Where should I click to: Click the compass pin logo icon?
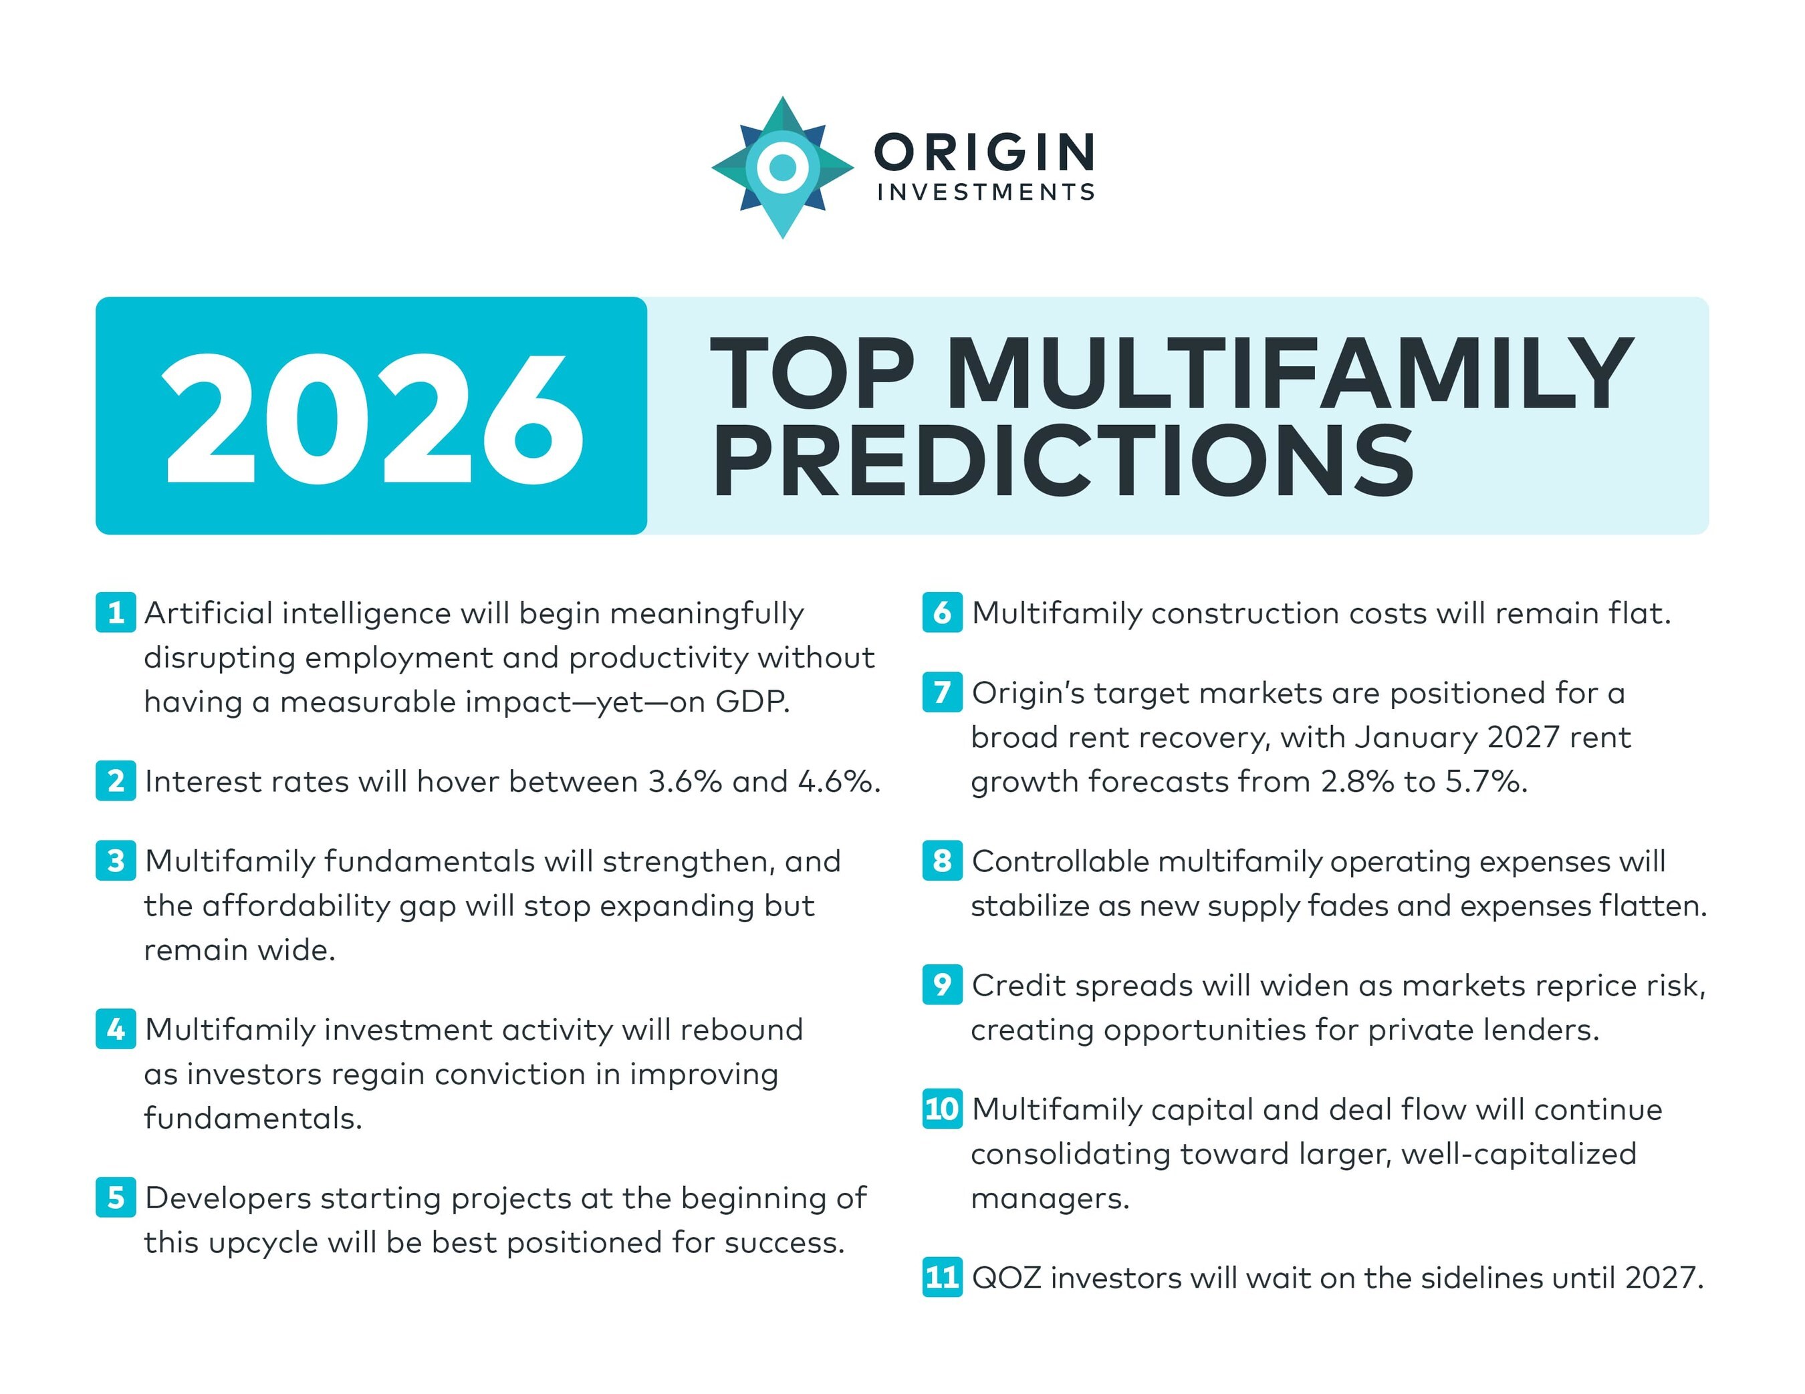pos(782,168)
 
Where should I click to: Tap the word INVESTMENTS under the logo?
pos(986,192)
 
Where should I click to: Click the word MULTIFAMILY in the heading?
pos(1290,373)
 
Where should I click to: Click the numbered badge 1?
pos(116,612)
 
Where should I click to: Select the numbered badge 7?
pos(942,692)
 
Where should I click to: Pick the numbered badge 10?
pos(942,1108)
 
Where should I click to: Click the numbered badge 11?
pos(942,1278)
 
